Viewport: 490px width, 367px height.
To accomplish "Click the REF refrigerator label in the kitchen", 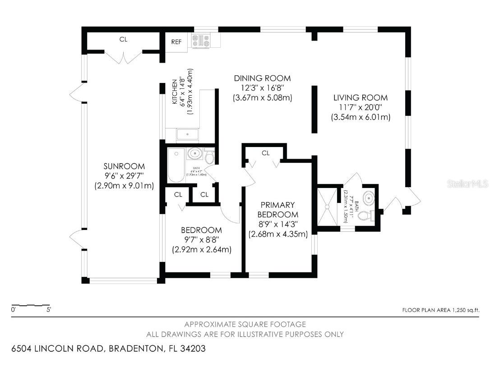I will point(176,42).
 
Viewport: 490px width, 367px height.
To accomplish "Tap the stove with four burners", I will point(201,41).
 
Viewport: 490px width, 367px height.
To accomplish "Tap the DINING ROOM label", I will point(262,78).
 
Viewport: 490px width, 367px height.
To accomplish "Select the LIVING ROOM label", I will point(360,97).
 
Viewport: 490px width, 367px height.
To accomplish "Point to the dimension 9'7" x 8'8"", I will point(201,239).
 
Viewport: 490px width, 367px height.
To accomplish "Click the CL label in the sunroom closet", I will point(123,40).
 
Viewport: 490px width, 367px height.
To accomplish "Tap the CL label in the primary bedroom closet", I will point(265,153).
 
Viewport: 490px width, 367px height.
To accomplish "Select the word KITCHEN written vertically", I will point(174,93).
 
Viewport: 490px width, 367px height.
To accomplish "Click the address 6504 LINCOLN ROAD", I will point(58,349).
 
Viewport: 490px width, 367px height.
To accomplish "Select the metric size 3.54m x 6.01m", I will point(361,117).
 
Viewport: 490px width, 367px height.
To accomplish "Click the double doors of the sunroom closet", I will point(123,58).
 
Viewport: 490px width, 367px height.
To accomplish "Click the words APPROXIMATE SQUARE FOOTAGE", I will point(245,324).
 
